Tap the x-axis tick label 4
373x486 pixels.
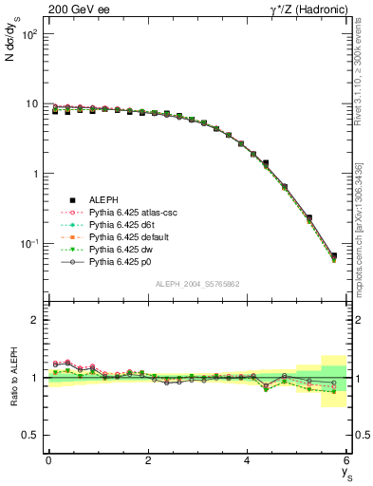point(247,460)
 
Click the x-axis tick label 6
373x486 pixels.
point(346,460)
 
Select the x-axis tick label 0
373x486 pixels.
point(47,460)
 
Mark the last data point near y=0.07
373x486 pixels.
point(333,256)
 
